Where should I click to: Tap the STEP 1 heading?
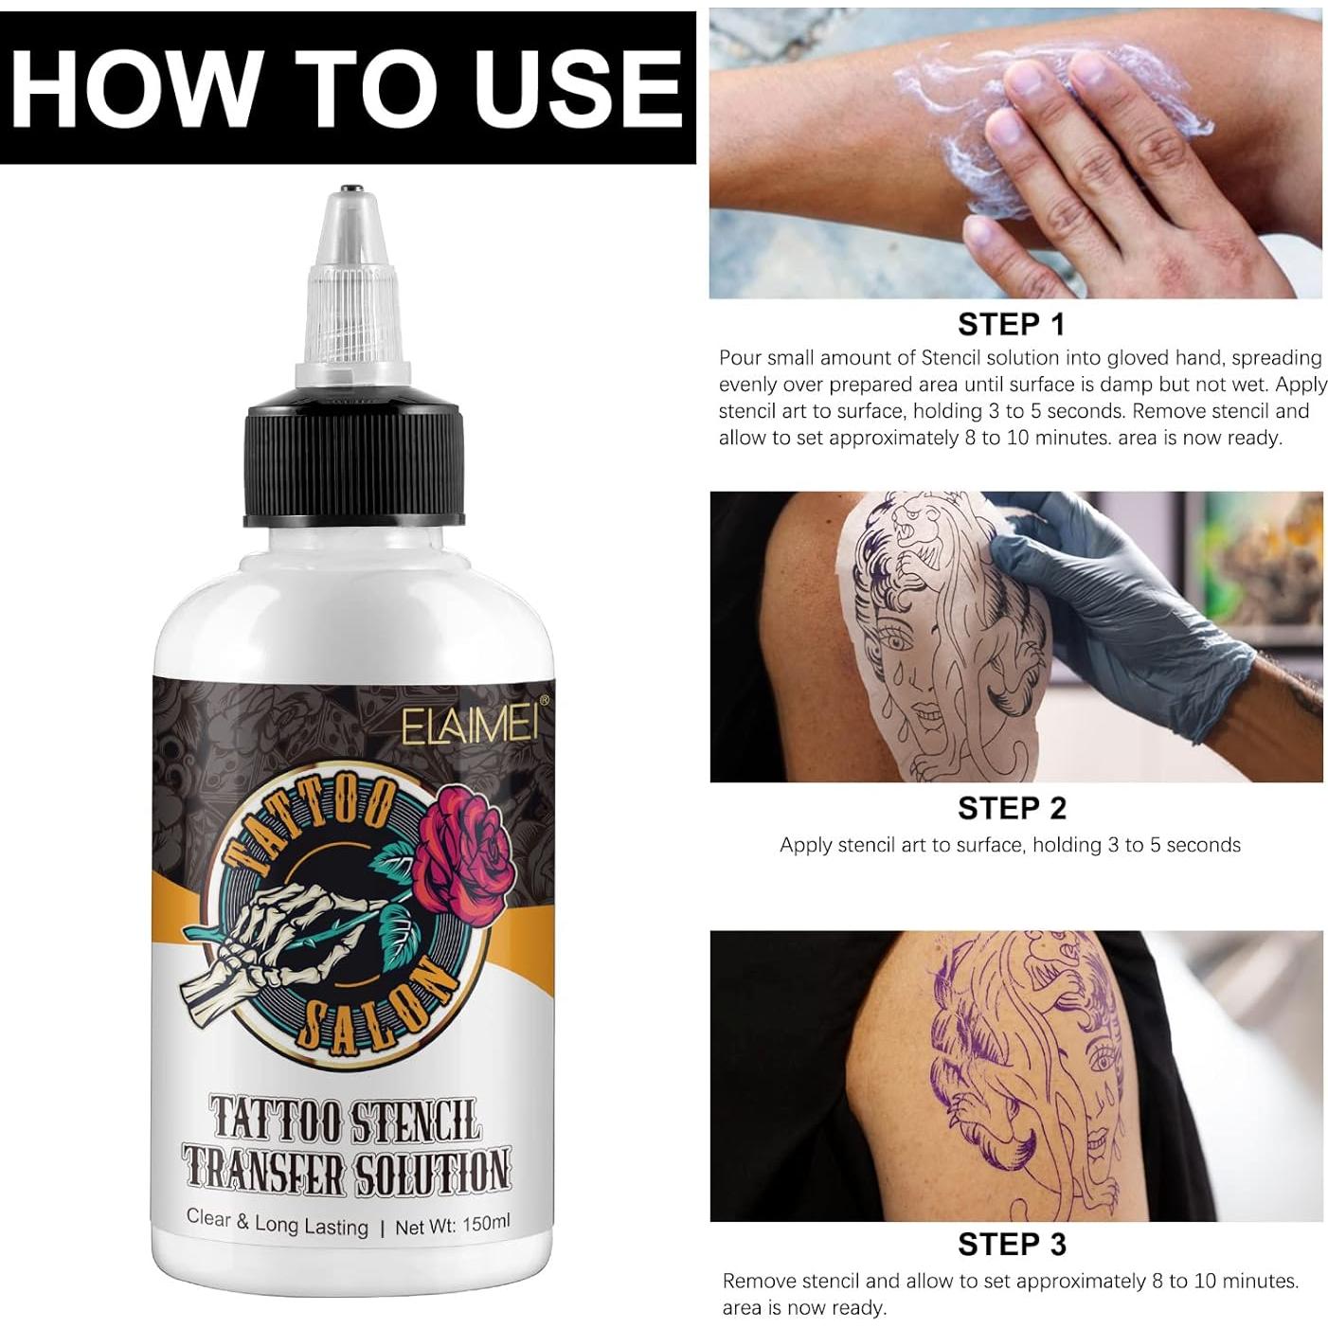click(1011, 325)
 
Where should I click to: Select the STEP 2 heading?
click(1011, 808)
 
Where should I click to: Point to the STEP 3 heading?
click(1011, 1244)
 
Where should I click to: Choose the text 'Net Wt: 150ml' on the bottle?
click(452, 1225)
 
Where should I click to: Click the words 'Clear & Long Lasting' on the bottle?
click(277, 1222)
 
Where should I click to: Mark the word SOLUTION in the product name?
click(432, 1172)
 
